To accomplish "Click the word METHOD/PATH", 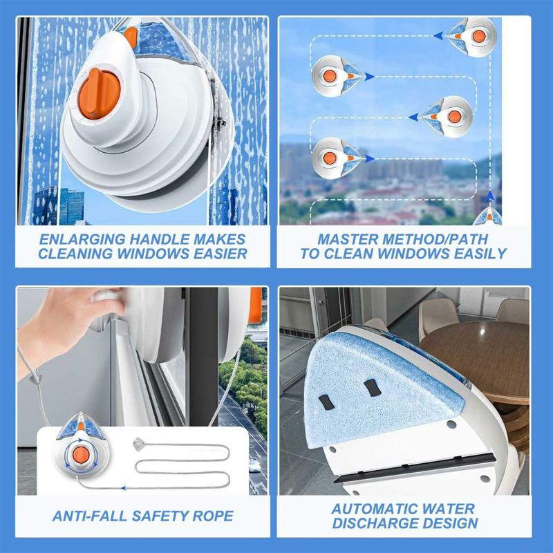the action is [435, 239].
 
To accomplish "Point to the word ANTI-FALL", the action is [89, 516].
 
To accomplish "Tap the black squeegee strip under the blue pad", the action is [414, 468].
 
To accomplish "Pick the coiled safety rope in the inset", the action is [182, 458].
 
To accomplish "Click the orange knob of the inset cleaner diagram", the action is [81, 455].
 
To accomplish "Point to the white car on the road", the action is [254, 465].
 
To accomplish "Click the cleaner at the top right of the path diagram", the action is [472, 37].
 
